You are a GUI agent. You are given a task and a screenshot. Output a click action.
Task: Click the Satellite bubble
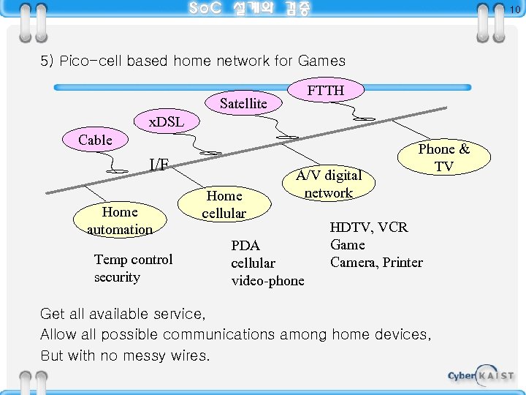click(243, 104)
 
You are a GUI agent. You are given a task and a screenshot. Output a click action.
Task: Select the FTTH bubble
click(325, 90)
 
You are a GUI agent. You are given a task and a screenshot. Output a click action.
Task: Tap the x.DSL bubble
click(166, 121)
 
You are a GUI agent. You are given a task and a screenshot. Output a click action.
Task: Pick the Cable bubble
click(95, 140)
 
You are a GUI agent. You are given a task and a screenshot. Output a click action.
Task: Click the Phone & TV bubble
click(443, 157)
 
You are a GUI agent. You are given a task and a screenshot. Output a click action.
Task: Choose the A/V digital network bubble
click(328, 184)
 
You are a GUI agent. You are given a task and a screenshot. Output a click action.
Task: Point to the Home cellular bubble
click(224, 204)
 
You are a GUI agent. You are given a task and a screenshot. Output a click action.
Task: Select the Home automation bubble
click(120, 220)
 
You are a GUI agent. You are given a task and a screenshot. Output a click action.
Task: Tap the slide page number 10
click(514, 9)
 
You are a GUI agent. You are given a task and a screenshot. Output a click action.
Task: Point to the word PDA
click(245, 245)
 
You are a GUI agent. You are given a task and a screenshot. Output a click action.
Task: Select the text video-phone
click(267, 281)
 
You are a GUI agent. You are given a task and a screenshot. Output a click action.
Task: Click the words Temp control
click(133, 260)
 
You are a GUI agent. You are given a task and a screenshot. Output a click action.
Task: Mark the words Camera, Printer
click(376, 262)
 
